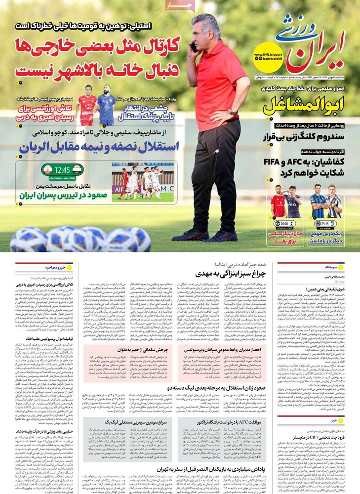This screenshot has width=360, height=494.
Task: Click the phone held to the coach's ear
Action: (194, 47)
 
